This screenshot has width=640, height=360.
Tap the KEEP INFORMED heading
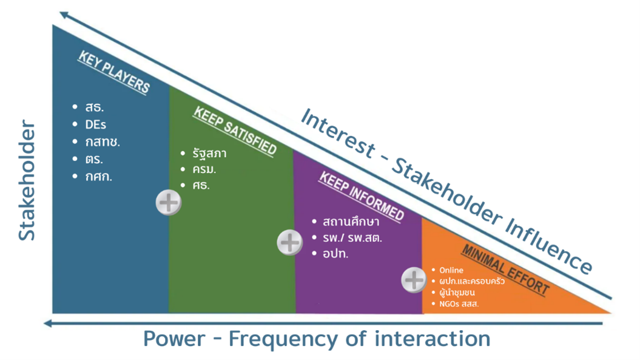point(361,197)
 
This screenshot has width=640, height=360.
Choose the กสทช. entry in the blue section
point(103,142)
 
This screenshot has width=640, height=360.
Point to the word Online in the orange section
point(451,270)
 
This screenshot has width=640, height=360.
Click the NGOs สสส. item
point(459,304)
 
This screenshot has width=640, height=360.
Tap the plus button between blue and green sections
point(169,203)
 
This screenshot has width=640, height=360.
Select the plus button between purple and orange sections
point(414,280)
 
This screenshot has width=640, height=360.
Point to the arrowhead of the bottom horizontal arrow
point(47,324)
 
